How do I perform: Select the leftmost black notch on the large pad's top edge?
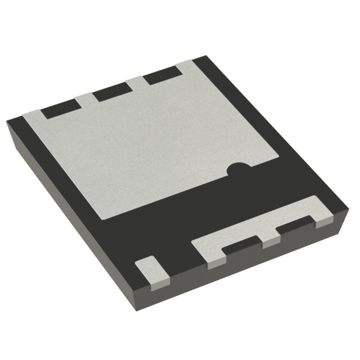[x=60, y=109]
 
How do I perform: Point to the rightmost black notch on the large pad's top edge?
[x=161, y=75]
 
